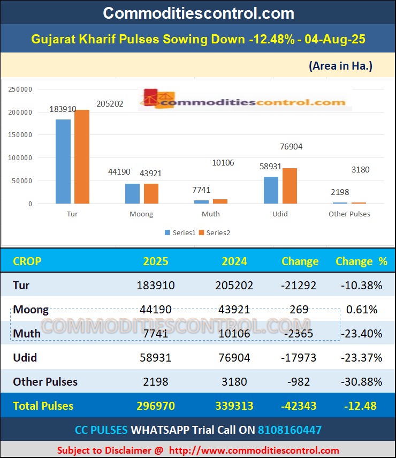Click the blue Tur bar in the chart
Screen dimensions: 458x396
(63, 161)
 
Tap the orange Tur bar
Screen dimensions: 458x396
(82, 156)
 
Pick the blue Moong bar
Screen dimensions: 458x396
(132, 193)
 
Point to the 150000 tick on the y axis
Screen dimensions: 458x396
(21, 136)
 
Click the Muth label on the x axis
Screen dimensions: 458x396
(210, 214)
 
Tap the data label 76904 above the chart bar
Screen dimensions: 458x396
(291, 146)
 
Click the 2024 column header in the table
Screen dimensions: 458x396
(234, 261)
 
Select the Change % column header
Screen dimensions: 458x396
(361, 261)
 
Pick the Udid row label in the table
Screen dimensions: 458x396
(25, 357)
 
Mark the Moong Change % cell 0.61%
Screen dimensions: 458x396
(362, 310)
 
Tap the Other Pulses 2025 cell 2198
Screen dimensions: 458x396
(156, 382)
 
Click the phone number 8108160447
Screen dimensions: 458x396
(290, 430)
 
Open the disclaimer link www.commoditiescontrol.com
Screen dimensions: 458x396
(253, 450)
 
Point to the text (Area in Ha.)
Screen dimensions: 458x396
(340, 66)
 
